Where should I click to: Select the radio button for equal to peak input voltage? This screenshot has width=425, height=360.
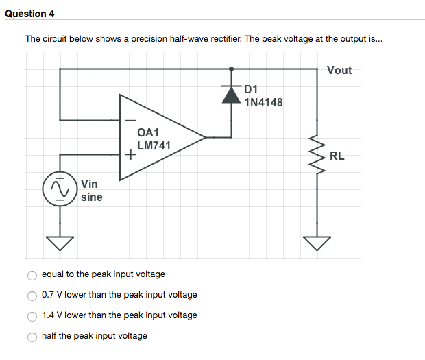coord(32,275)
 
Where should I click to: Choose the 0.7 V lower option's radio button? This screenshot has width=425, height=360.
coord(32,296)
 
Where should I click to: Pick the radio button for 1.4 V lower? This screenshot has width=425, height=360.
coord(32,316)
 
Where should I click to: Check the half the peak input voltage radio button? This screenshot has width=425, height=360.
coord(32,337)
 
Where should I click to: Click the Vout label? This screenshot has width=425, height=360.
coord(339,70)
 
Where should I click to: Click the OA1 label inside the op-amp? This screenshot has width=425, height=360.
coord(148,132)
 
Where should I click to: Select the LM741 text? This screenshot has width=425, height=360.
coord(154,145)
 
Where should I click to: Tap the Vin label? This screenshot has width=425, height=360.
coord(89,184)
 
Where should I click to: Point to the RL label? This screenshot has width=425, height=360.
coord(337,156)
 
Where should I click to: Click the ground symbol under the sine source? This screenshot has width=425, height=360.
coord(60,241)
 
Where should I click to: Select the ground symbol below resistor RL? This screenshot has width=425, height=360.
coord(317,241)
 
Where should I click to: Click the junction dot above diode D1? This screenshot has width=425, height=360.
coord(231,69)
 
